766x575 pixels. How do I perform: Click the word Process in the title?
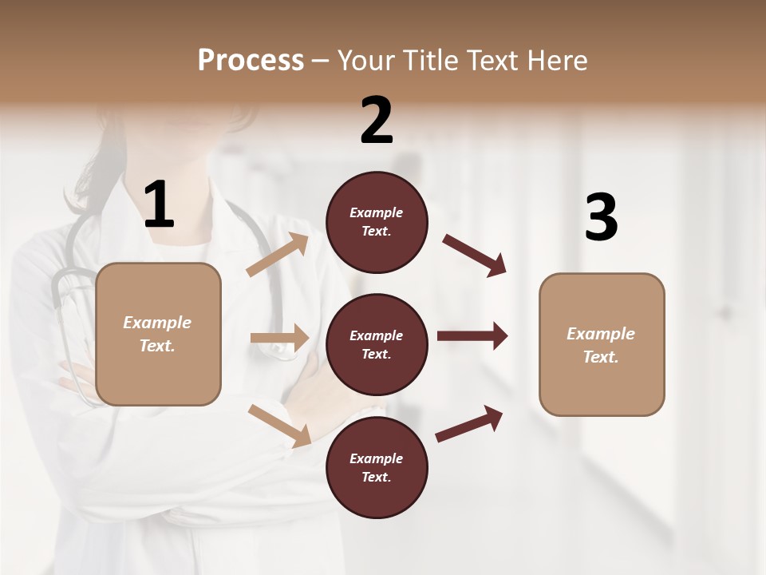click(x=251, y=61)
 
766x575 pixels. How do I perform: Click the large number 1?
click(x=159, y=205)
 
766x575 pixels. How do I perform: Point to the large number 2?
click(x=377, y=121)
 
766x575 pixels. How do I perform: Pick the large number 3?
click(x=601, y=217)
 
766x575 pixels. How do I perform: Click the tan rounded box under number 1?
click(x=158, y=334)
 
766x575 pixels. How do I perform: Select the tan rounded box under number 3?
click(x=602, y=344)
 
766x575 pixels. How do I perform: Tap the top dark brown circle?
click(x=377, y=222)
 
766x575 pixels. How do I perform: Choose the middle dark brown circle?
click(x=377, y=344)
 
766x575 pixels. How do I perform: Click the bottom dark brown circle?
click(x=377, y=467)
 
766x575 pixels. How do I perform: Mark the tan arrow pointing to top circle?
click(x=278, y=255)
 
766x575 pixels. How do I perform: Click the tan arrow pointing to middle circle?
click(x=279, y=338)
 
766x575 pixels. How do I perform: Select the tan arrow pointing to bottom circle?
click(x=279, y=426)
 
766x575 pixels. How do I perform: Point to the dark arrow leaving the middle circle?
click(x=472, y=336)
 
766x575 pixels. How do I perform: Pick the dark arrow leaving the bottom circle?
click(x=469, y=423)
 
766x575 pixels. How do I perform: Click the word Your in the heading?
click(x=365, y=61)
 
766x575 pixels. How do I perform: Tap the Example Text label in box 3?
click(x=601, y=345)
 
